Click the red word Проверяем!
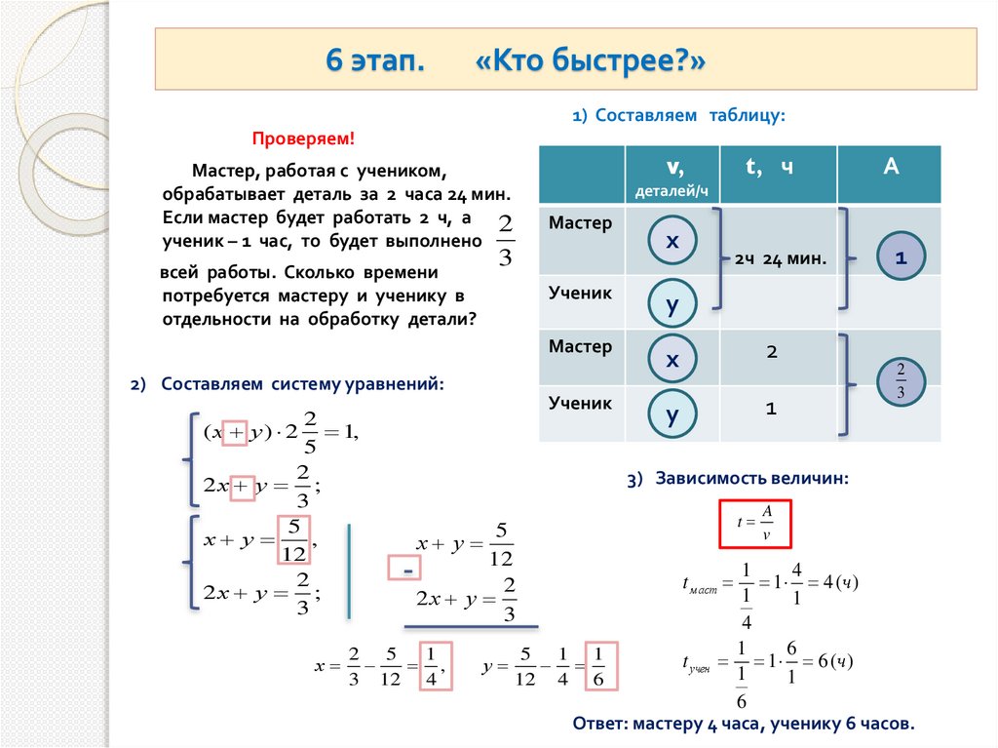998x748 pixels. pyautogui.click(x=304, y=139)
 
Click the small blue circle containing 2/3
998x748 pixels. pyautogui.click(x=901, y=381)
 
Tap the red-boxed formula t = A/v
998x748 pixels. pyautogui.click(x=754, y=523)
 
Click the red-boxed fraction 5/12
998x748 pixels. pyautogui.click(x=293, y=540)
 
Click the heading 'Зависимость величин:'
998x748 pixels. pyautogui.click(x=751, y=478)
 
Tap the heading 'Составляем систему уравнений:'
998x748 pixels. pyautogui.click(x=302, y=384)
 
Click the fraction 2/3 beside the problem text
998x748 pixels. pyautogui.click(x=504, y=241)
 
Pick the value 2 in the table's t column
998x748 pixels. pyautogui.click(x=771, y=352)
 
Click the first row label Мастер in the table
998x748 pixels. pyautogui.click(x=580, y=223)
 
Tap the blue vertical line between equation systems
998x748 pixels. pyautogui.click(x=349, y=570)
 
